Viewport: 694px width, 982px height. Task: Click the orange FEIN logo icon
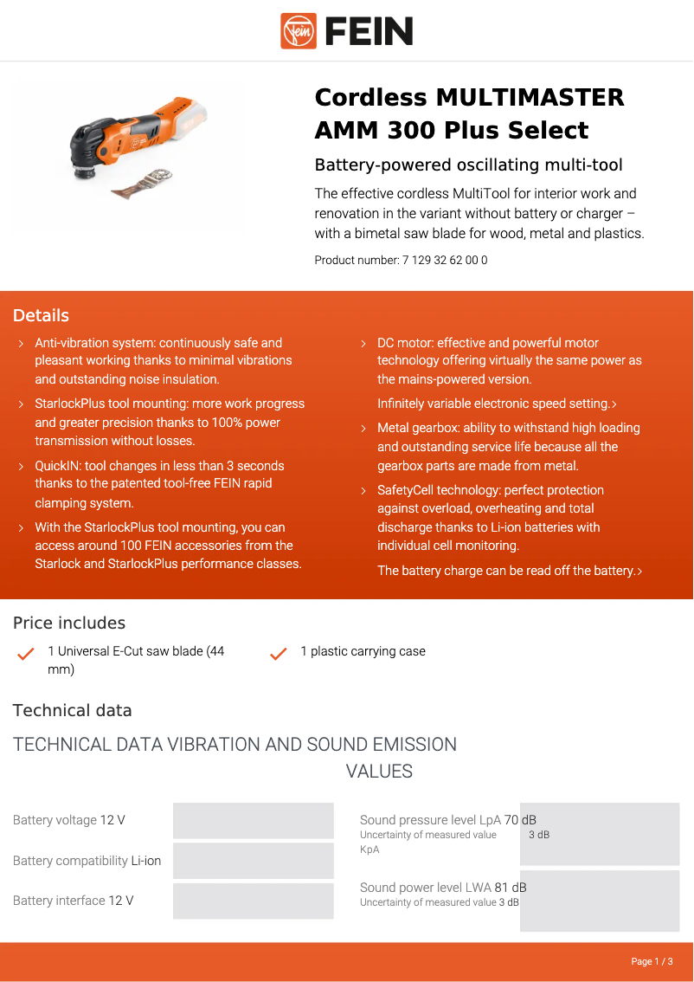299,31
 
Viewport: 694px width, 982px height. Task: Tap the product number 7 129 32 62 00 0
444,260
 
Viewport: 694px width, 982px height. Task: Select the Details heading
41,315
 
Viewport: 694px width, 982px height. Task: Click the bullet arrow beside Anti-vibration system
21,344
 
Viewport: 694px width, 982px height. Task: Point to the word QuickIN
58,466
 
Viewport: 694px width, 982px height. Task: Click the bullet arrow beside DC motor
363,344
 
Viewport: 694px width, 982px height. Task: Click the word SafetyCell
405,490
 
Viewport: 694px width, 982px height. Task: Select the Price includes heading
69,623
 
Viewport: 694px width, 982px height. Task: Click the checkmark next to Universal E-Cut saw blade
26,654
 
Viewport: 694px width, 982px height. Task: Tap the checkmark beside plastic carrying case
278,654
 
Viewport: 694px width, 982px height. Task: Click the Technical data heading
73,710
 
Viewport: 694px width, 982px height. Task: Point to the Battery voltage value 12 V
112,820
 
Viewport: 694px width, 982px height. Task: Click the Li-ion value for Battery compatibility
146,861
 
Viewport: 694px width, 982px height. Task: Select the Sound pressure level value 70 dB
520,820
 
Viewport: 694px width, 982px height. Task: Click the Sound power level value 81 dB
511,888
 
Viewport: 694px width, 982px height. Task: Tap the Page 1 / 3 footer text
651,961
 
